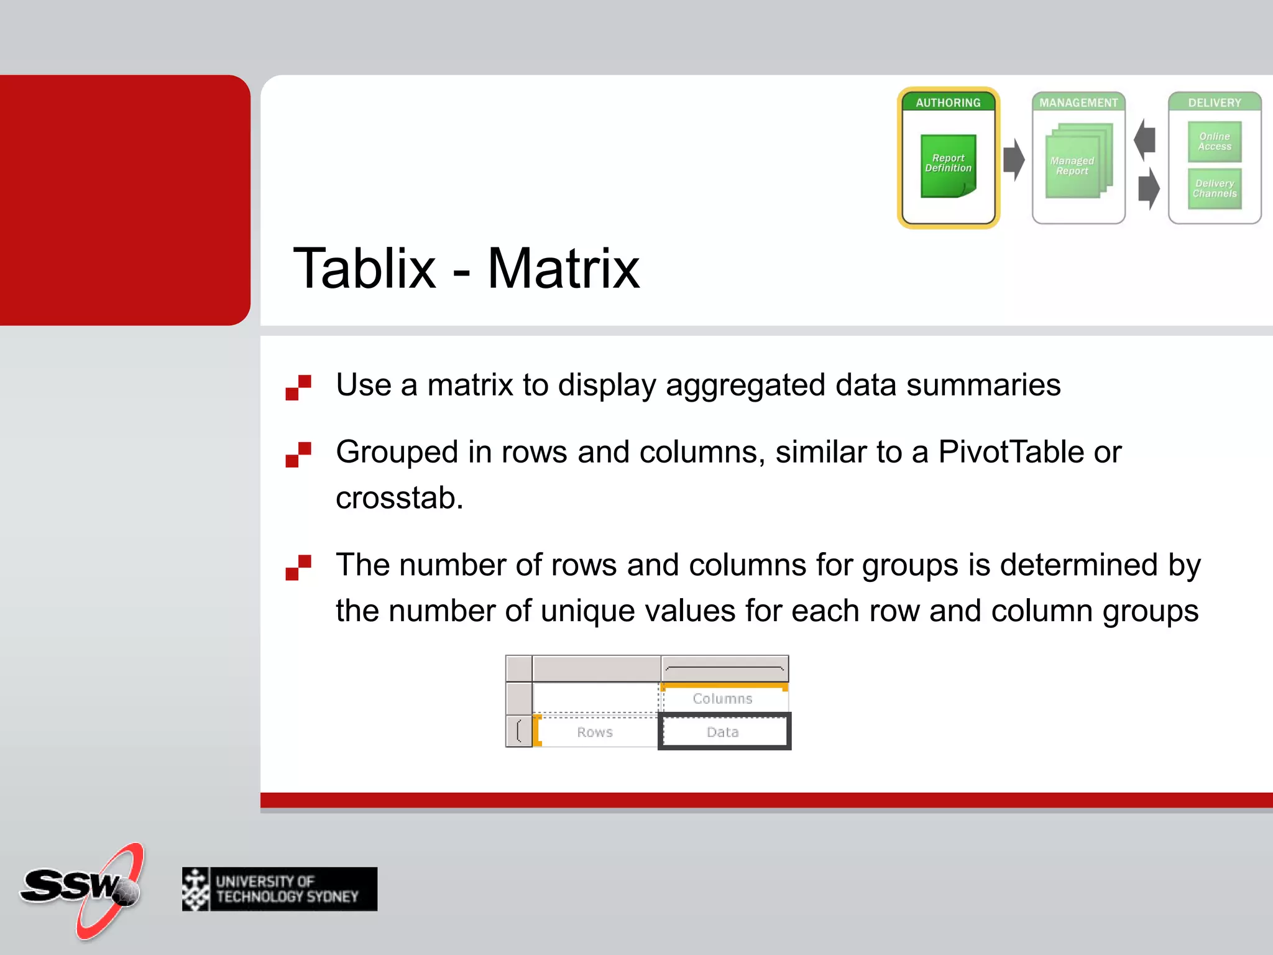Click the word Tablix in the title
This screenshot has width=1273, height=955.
364,269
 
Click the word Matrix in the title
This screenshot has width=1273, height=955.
563,269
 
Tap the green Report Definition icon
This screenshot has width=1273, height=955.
948,165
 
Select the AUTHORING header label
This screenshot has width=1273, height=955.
948,103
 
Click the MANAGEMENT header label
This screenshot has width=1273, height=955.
1078,103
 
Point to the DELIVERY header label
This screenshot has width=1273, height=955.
1214,103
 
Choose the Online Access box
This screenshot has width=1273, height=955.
1215,142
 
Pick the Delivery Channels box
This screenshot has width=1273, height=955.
1215,188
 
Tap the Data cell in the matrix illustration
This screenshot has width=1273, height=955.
724,732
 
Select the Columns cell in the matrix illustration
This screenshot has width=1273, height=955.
723,699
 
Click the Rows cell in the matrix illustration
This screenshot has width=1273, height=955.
595,732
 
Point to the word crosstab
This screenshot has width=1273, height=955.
399,498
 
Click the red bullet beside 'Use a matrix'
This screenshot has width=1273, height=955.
298,387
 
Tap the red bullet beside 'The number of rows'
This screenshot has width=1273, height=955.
298,567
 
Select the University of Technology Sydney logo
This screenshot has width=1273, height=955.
280,889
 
